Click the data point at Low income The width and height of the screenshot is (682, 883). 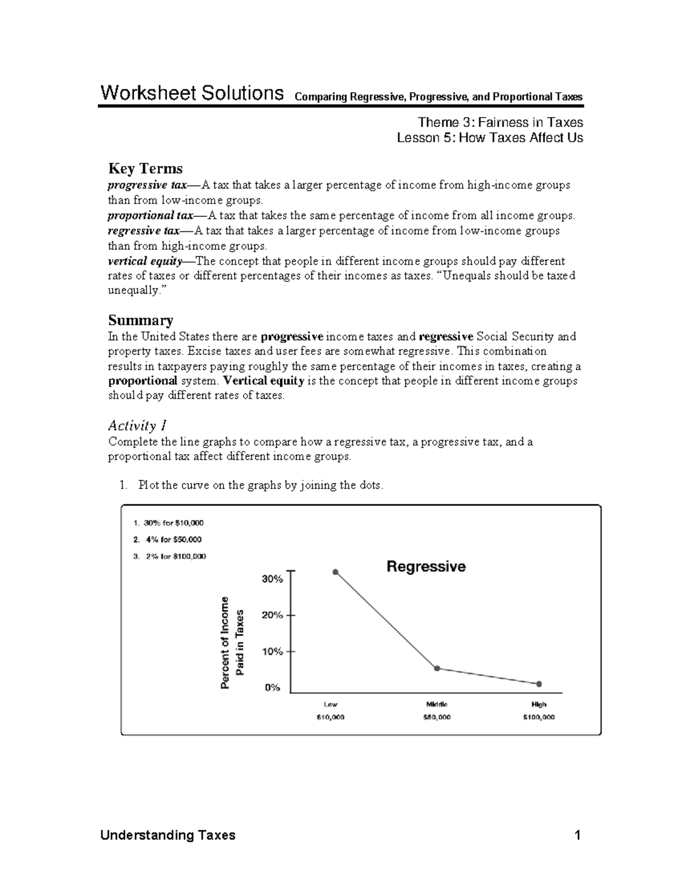pos(335,572)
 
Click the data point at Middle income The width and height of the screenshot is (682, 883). pos(437,669)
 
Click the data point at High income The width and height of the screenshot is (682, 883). pos(539,683)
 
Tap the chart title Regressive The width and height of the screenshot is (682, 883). pos(426,566)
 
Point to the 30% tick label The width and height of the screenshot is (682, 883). pos(272,579)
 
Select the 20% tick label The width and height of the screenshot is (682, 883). pos(272,615)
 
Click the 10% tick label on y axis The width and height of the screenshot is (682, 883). pos(272,652)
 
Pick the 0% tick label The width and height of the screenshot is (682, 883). pos(273,687)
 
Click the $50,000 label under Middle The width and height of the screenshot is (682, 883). pos(437,718)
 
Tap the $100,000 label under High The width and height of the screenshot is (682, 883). pos(539,718)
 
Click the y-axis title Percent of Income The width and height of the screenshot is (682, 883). pos(225,642)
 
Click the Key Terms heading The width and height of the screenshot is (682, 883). pos(145,169)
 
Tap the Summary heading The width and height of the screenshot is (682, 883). pos(140,320)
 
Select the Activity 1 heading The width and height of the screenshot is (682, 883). pos(137,425)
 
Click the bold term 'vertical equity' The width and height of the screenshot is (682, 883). pos(144,262)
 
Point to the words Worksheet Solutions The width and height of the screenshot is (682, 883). pos(192,93)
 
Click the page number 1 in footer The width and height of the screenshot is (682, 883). pos(578,835)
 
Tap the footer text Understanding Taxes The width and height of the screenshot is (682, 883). pos(168,835)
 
